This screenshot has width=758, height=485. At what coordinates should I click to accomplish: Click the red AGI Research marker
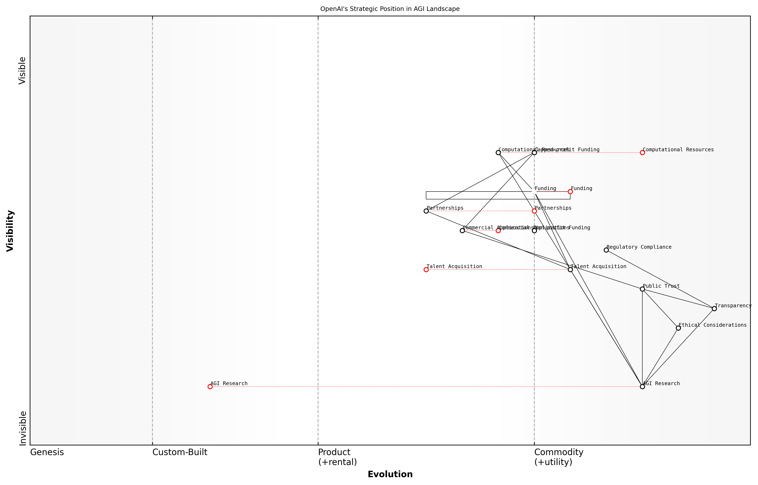coord(210,386)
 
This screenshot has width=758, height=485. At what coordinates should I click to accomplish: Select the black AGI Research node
coord(642,386)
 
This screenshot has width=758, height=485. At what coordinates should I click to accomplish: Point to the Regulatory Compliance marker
coord(606,250)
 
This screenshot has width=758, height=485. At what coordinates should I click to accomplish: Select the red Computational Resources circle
coord(642,153)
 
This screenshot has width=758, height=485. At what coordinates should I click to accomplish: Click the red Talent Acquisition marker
coord(426,270)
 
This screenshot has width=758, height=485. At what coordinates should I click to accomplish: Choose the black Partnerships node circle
coord(426,211)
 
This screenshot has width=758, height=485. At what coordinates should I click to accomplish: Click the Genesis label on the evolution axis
coord(47,452)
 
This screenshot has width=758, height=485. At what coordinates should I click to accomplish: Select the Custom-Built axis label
coord(180,452)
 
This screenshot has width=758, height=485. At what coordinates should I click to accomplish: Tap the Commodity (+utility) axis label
coord(558,457)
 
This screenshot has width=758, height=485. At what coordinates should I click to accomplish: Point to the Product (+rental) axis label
coord(337,457)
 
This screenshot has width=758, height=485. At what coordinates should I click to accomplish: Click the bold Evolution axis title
coord(390,474)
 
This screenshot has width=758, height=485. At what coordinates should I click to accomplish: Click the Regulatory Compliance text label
coord(639,247)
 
